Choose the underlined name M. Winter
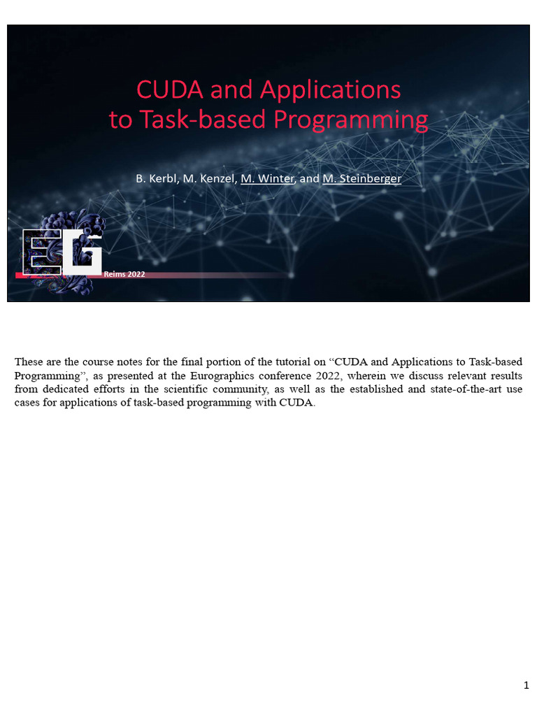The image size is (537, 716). (267, 179)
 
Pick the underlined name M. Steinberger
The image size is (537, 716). (361, 179)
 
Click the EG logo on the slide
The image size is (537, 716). (62, 252)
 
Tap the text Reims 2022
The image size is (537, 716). (124, 274)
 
